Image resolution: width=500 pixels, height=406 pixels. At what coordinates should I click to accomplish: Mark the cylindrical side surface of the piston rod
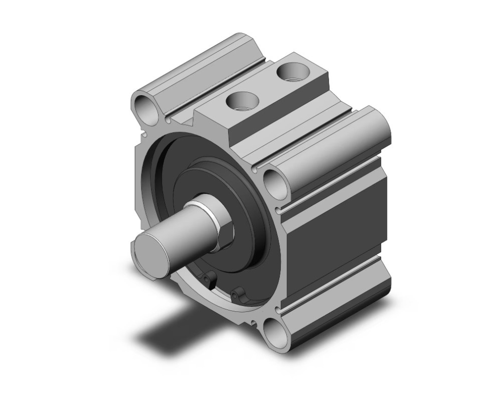(x=173, y=220)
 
